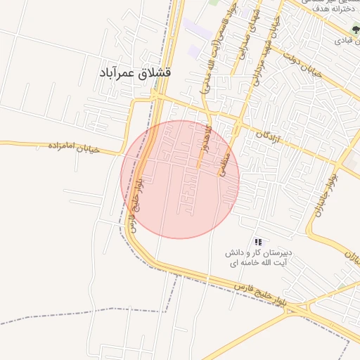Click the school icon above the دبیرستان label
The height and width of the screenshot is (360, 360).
pyautogui.click(x=258, y=241)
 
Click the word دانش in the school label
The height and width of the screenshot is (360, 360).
pyautogui.click(x=233, y=252)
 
